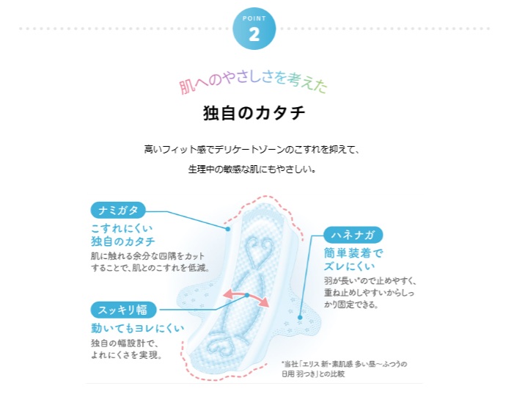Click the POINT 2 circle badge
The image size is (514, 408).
click(x=254, y=29)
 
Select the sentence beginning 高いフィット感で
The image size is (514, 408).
click(x=252, y=150)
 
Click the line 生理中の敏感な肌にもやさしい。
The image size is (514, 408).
click(x=252, y=169)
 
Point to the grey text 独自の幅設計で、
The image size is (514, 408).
click(x=125, y=343)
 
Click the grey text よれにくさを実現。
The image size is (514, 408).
click(x=126, y=355)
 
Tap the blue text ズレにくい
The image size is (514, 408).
click(x=350, y=266)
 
